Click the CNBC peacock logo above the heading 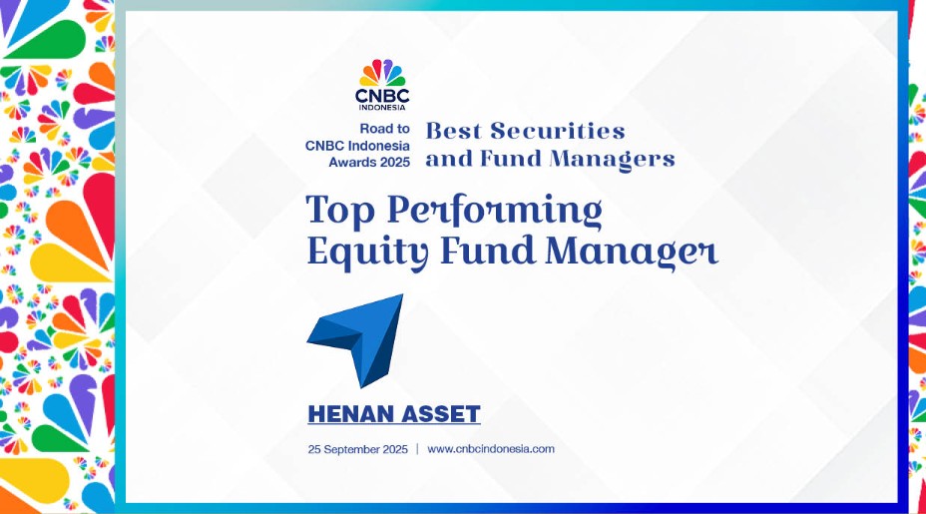coord(382,73)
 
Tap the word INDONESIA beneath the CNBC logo coord(382,108)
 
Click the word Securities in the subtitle coord(558,131)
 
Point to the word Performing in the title coord(495,211)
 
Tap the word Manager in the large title coord(632,253)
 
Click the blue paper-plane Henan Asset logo coord(355,340)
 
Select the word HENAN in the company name coord(346,414)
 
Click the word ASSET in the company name coord(435,414)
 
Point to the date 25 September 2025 coord(358,449)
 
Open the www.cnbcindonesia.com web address coord(491,449)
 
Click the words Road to coord(384,129)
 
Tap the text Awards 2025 coord(369,162)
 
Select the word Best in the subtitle coord(454,131)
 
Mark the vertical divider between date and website coord(417,449)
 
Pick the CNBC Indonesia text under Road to coord(357,146)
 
